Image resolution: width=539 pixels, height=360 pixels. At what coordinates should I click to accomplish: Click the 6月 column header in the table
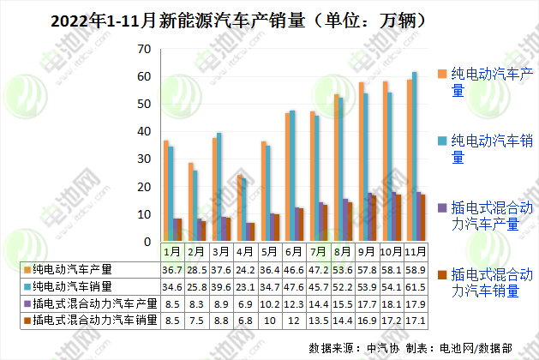click(x=294, y=253)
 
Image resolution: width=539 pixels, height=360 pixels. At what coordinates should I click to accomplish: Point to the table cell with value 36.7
click(x=172, y=269)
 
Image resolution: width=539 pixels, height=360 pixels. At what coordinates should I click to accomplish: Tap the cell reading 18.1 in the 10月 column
click(x=392, y=303)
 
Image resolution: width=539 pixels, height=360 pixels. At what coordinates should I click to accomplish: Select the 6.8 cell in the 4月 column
click(x=245, y=321)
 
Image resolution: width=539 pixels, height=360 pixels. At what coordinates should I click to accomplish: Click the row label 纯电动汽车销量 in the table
click(x=78, y=286)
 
